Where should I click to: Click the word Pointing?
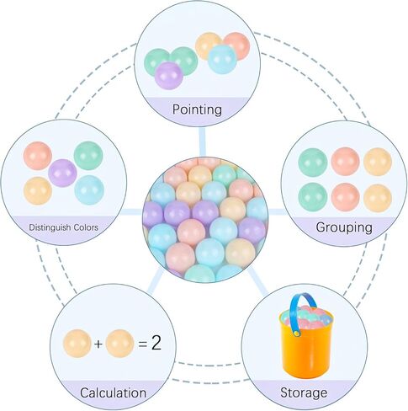point(197,109)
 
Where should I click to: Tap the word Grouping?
point(344,227)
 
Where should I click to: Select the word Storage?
point(304,393)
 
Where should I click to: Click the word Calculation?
point(113,392)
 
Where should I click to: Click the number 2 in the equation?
point(156,343)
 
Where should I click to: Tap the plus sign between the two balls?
point(98,344)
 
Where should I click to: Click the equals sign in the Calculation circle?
point(143,344)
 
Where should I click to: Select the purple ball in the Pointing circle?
point(169,76)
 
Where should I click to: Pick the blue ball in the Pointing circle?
point(222,59)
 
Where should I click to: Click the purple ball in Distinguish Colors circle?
point(62,173)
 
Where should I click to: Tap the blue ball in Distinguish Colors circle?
point(89,189)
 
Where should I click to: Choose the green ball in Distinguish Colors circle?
point(88,156)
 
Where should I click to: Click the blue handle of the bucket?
point(299,312)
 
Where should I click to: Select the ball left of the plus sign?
point(77,344)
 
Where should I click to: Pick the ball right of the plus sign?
point(119,344)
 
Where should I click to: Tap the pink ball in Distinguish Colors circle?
point(38,156)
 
